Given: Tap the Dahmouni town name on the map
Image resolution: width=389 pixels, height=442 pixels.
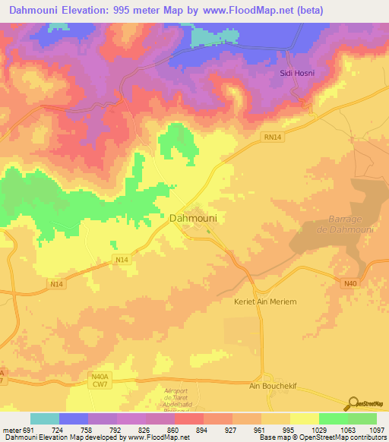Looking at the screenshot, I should (192, 218).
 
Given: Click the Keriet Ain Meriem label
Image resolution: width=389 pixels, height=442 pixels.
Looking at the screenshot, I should (264, 302).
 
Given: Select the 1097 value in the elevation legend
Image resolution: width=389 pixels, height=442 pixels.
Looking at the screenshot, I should (375, 429).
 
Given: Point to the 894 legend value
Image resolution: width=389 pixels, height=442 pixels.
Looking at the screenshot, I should (203, 429).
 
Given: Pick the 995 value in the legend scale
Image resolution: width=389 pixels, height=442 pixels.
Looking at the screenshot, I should (289, 429).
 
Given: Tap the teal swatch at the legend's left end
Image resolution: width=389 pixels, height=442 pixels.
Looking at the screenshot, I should (44, 418).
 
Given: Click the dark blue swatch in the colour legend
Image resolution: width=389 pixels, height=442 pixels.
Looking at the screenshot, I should (74, 418).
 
